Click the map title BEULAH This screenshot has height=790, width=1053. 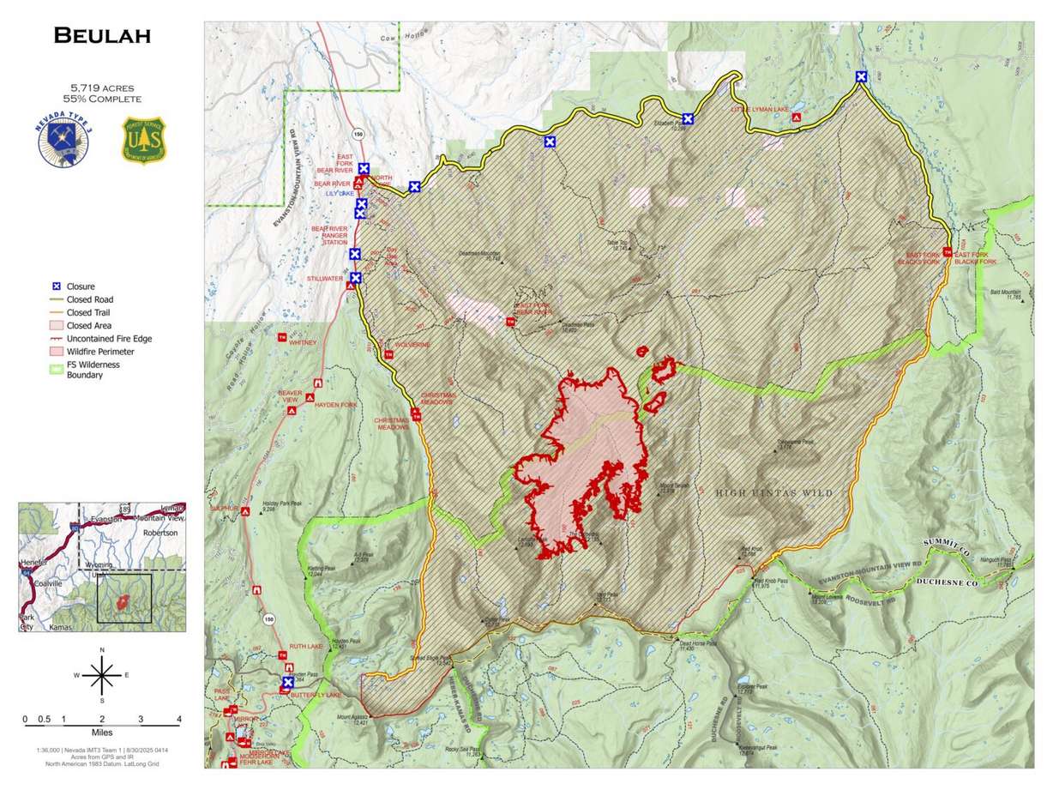point(101,35)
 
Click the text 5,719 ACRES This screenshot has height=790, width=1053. point(101,87)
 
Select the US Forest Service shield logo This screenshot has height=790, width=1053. point(143,141)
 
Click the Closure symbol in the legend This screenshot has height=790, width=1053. point(55,286)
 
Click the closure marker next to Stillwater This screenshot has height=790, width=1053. point(355,278)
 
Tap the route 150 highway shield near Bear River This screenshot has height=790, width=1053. point(358,134)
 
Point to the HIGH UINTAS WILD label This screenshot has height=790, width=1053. point(773,492)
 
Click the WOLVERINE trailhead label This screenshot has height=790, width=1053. point(412,345)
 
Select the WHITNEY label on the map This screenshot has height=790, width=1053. point(304,342)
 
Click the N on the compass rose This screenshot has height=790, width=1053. point(102,651)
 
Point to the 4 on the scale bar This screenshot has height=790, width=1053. point(178,719)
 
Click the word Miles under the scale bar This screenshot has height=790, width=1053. point(102,733)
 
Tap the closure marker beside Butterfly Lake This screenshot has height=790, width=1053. point(288,683)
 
